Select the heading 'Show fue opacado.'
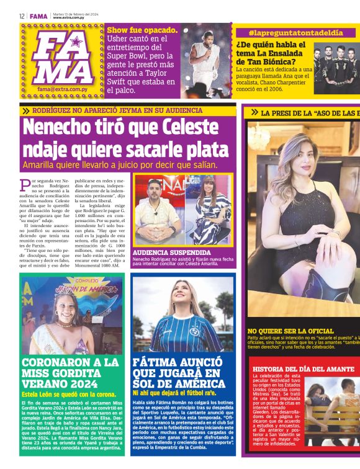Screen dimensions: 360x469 click(142, 29)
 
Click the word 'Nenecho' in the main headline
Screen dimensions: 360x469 click(61, 129)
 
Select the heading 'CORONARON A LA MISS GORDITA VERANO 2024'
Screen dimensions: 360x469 click(70, 373)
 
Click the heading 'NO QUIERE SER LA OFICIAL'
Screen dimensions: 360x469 click(290, 331)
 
